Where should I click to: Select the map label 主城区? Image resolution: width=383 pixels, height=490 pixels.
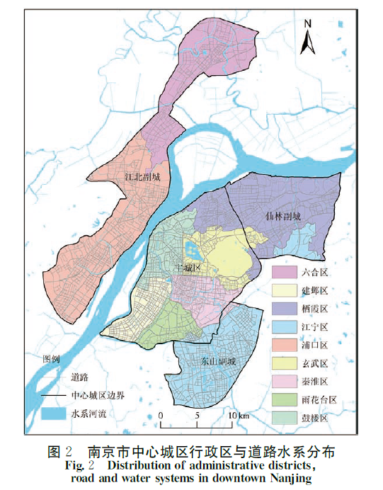coord(188,268)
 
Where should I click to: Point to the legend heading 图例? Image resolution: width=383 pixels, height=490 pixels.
coord(52,359)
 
